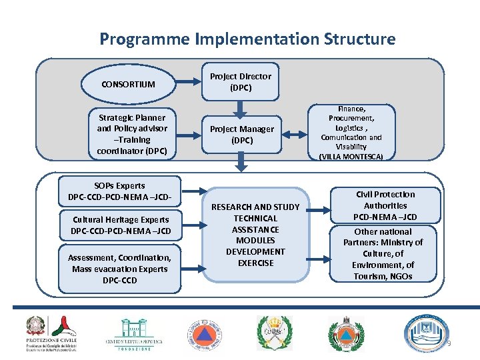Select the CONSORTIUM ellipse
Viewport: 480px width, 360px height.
[128, 84]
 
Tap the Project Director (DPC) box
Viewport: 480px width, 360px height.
[241, 82]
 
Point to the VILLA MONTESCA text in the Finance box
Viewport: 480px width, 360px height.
[351, 157]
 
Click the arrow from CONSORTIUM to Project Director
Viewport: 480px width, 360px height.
[189, 84]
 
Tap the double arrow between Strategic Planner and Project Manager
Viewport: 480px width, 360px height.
[189, 135]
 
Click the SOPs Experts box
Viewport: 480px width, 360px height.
[120, 191]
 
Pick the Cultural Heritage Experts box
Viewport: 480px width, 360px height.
[121, 225]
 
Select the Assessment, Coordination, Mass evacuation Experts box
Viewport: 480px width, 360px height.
[120, 269]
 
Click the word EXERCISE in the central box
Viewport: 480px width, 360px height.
[255, 263]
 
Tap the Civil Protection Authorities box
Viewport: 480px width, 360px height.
[385, 205]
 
